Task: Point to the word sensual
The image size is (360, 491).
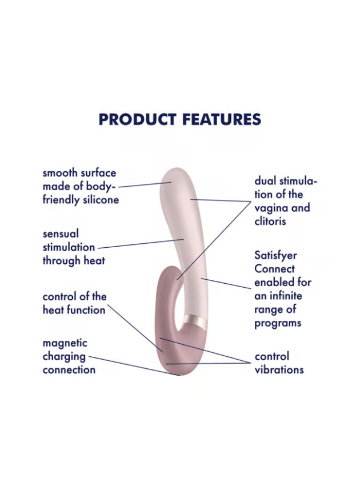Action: click(x=61, y=234)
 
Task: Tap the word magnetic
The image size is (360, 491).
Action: click(x=65, y=343)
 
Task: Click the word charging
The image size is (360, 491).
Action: click(x=64, y=356)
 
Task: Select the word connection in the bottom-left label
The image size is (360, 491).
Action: click(x=69, y=369)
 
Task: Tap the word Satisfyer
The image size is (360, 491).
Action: click(x=275, y=256)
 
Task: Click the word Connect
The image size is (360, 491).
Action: click(x=274, y=269)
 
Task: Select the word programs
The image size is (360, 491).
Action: click(x=277, y=323)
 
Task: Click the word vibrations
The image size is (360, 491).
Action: click(x=279, y=369)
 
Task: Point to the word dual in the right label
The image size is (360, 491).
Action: click(x=265, y=181)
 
